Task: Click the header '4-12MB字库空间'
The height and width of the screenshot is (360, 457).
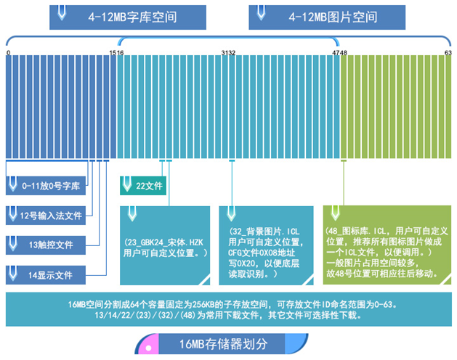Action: click(x=135, y=15)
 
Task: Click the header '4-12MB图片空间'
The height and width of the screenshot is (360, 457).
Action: click(x=333, y=15)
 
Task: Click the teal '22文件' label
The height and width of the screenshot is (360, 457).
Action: click(x=150, y=186)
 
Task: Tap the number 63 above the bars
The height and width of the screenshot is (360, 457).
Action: click(x=448, y=53)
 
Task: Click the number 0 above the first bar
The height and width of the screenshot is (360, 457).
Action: click(x=8, y=53)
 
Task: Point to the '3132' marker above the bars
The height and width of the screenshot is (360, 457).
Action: click(x=228, y=53)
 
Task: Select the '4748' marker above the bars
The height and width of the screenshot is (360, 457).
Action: click(x=339, y=53)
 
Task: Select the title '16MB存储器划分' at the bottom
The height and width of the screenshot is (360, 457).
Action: click(x=221, y=344)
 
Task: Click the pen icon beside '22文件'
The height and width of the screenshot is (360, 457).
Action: click(x=128, y=184)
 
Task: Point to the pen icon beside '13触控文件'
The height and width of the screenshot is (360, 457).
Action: click(x=13, y=244)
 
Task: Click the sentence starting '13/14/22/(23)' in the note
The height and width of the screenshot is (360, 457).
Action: click(x=228, y=316)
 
